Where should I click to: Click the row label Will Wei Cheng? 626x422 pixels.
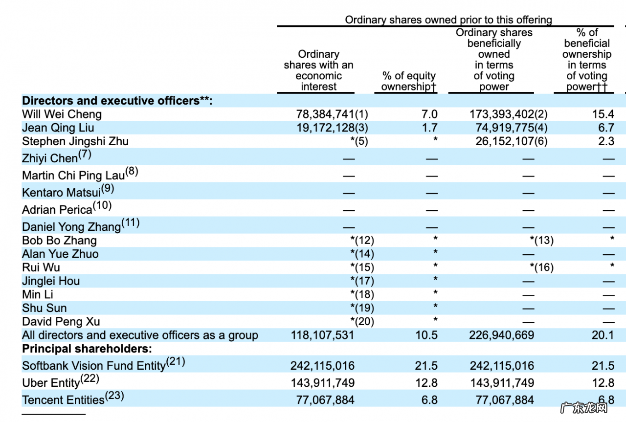tap(62, 114)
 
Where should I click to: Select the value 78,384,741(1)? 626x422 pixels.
tap(332, 114)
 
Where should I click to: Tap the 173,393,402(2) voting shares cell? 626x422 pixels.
tap(508, 114)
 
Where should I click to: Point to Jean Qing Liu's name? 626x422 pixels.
tap(58, 128)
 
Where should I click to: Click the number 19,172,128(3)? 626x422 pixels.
tap(332, 128)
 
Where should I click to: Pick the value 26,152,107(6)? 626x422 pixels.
tap(511, 141)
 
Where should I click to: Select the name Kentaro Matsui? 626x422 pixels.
tap(62, 192)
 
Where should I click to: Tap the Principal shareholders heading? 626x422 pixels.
tap(87, 349)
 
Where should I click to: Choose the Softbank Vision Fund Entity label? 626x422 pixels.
tap(94, 366)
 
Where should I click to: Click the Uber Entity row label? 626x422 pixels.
tap(51, 383)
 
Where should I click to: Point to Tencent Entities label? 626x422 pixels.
tap(64, 400)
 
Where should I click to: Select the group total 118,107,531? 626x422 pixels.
tap(322, 335)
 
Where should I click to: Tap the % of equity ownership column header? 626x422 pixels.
tap(409, 81)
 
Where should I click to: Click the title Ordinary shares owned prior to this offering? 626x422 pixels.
tap(448, 20)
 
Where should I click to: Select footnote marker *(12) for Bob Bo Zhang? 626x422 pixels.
tap(362, 241)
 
